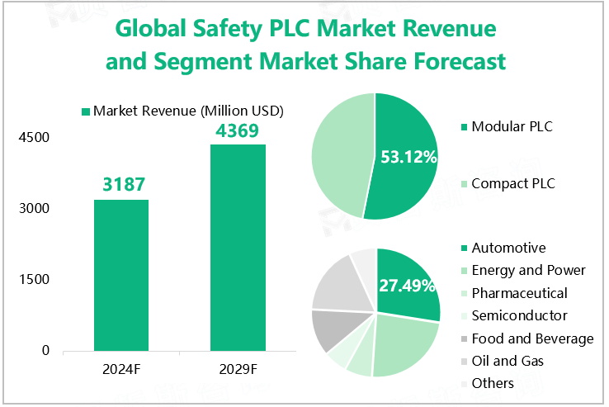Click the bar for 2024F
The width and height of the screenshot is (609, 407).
(120, 275)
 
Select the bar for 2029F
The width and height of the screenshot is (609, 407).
(238, 248)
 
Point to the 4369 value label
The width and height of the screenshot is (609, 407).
(238, 130)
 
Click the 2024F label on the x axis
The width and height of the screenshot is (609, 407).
(120, 369)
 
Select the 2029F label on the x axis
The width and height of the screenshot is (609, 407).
(238, 369)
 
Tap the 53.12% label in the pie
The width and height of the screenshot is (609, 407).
(408, 157)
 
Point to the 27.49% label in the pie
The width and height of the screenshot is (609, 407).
(407, 286)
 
